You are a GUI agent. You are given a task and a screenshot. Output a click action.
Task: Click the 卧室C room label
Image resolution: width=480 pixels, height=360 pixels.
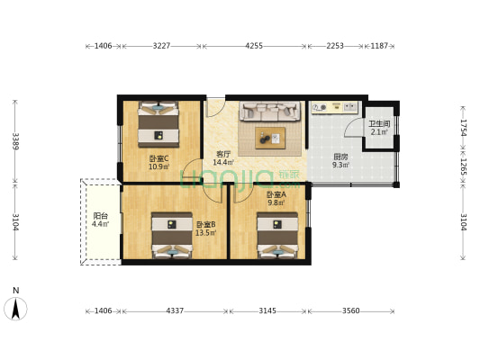[x=159, y=158]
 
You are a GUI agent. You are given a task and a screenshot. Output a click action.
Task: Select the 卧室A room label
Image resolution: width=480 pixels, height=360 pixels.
[x=276, y=194]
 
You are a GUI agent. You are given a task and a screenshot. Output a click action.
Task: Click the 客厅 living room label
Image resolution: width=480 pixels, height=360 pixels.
[x=223, y=154]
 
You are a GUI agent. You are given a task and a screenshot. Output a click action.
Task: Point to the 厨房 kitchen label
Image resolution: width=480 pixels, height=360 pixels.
[x=340, y=156]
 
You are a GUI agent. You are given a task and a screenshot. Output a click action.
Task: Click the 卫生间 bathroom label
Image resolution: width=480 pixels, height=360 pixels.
[x=378, y=124]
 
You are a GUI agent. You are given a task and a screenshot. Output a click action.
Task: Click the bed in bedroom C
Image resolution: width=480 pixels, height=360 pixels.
[x=160, y=123]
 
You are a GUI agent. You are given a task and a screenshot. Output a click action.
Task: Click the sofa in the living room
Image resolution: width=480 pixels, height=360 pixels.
[x=268, y=112]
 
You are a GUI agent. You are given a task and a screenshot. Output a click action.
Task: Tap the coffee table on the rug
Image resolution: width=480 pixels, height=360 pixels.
[x=270, y=137]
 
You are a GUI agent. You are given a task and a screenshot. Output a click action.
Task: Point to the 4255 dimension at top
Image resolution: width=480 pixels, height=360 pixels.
[x=253, y=45]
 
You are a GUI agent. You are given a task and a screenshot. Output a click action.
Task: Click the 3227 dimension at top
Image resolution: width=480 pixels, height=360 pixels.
[x=162, y=45]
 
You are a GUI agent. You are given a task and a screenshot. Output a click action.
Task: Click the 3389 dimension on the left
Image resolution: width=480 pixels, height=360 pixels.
[x=15, y=140]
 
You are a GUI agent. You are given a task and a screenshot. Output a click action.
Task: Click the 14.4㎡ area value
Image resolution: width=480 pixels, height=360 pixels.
[x=223, y=163]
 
